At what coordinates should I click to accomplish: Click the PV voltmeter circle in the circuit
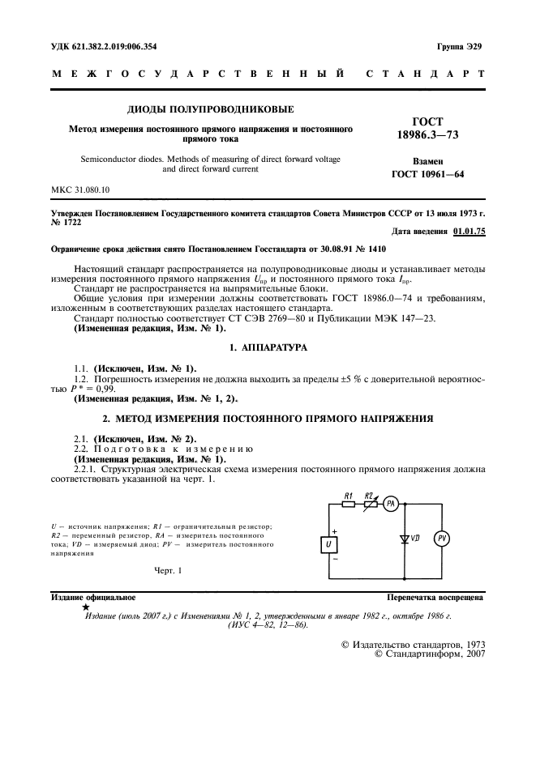(x=442, y=539)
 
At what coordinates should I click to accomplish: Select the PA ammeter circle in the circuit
(x=390, y=503)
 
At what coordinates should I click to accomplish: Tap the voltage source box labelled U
(x=329, y=544)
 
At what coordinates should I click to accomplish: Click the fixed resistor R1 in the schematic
(x=348, y=503)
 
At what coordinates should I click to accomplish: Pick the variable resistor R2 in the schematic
(x=370, y=503)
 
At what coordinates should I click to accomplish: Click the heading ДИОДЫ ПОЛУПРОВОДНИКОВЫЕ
(x=210, y=109)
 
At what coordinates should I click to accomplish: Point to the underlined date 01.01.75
(x=469, y=232)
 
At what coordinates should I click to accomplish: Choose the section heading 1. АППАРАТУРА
(x=267, y=347)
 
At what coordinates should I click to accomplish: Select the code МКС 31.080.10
(x=80, y=189)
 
